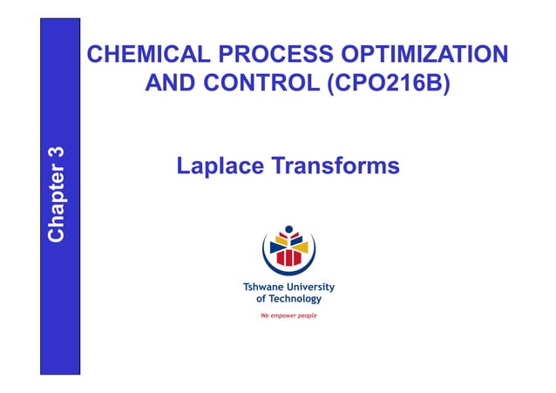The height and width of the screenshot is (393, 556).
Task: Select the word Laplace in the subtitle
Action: point(219,165)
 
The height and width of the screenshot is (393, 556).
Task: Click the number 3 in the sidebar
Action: point(58,152)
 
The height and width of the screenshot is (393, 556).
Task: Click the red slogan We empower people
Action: point(288,315)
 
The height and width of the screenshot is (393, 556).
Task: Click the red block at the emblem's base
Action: point(288,259)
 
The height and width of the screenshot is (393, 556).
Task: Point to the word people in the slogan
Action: point(305,315)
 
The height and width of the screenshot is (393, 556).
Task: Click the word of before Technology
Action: point(260,299)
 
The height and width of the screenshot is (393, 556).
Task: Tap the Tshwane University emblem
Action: point(288,247)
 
